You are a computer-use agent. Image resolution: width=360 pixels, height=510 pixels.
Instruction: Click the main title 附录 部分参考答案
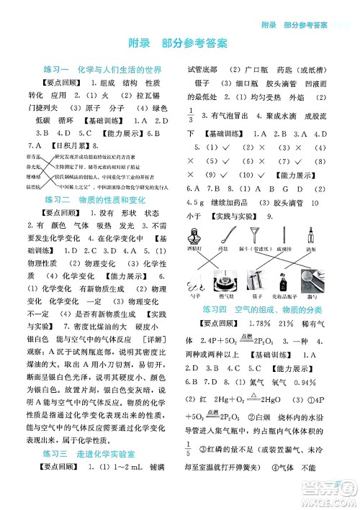pyautogui.click(x=179, y=43)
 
